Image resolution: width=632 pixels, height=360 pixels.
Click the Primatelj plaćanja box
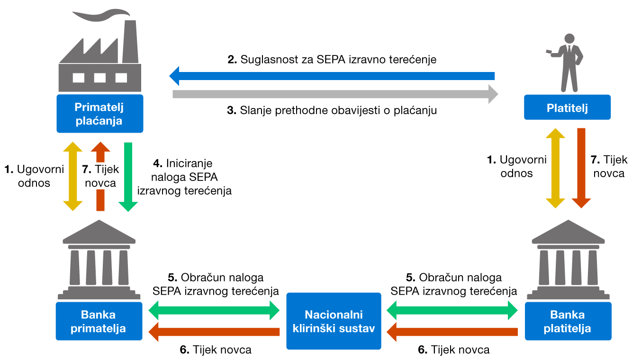(99, 114)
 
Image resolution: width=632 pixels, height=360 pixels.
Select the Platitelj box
(567, 107)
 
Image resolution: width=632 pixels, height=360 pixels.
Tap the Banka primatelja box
(99, 321)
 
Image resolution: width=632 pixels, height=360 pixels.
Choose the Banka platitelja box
(568, 321)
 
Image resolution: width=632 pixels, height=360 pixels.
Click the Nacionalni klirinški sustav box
(334, 321)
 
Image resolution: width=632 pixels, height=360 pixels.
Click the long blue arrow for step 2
(332, 76)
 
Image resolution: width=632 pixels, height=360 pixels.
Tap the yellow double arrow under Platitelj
(555, 168)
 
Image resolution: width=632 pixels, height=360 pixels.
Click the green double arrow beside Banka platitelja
(453, 311)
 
